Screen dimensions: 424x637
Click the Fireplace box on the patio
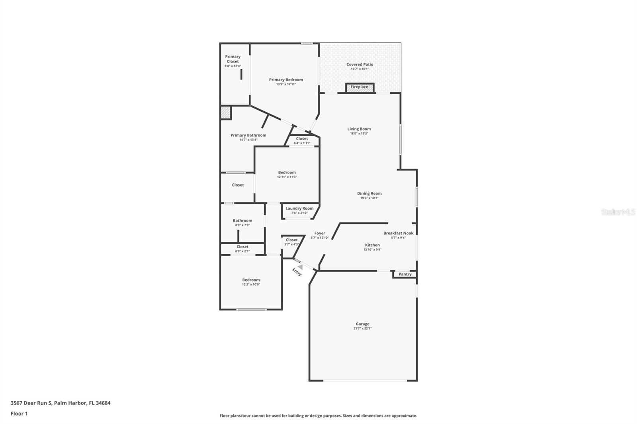point(360,87)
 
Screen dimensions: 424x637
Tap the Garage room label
point(362,324)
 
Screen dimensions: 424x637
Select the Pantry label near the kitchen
point(405,274)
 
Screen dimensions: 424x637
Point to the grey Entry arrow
point(301,267)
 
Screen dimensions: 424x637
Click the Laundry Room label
point(299,208)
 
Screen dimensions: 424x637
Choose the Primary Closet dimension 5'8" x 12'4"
point(233,66)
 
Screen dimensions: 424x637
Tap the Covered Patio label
point(360,64)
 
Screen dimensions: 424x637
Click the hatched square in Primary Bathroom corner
point(226,113)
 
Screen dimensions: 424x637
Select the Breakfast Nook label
point(398,233)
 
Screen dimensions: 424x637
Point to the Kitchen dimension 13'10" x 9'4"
point(372,250)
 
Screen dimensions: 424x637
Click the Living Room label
point(359,129)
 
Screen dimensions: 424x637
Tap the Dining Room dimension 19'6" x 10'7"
point(369,198)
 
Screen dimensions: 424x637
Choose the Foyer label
point(320,233)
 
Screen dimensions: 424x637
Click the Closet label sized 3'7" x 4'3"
point(291,240)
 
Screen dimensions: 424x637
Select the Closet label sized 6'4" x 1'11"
point(302,138)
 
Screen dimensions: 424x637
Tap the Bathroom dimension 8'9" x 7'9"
point(242,225)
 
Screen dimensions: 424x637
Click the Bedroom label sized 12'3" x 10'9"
point(251,280)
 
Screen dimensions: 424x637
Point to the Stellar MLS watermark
point(618,212)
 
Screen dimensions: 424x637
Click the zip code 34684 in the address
point(103,403)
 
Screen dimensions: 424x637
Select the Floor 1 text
point(19,414)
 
